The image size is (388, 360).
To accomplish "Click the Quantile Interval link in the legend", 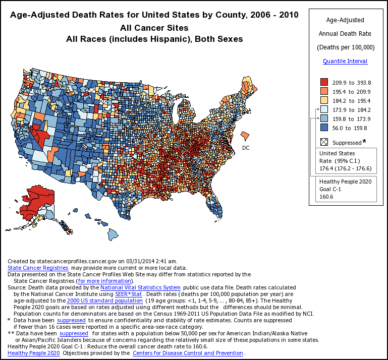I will point(345,61).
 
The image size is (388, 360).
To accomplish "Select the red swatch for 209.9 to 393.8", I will point(324,82).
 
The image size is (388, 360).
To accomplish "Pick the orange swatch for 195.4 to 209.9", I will point(324,91).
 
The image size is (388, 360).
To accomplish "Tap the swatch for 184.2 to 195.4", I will point(324,100).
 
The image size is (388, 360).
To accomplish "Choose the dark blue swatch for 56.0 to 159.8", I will point(324,128).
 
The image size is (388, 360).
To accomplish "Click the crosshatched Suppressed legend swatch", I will point(324,142).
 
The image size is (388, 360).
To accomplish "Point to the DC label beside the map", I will point(246,148).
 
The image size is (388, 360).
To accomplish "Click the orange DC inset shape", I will point(244,136).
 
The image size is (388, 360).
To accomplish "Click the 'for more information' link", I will point(104,281).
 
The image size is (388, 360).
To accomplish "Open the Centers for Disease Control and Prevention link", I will point(188,353).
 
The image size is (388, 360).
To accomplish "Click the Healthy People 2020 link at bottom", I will point(34,353).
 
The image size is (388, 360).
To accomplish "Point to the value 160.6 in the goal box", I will point(327,197).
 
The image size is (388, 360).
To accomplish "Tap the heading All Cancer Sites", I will point(154,27).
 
